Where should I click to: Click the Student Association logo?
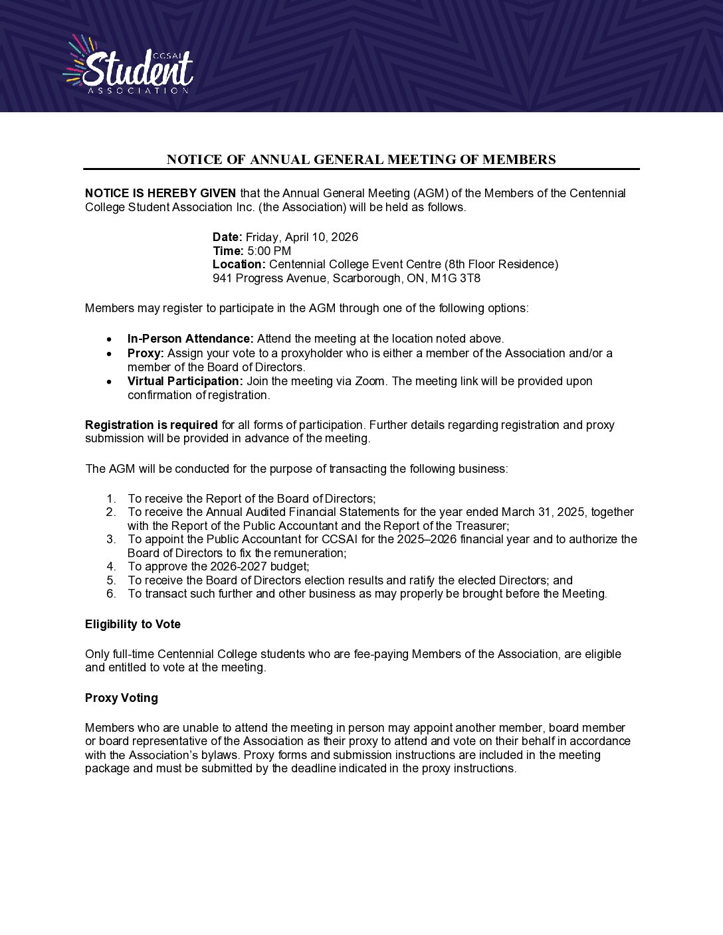tap(129, 65)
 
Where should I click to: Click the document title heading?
tap(361, 159)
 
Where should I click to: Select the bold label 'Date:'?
tap(227, 237)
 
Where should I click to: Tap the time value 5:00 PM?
tap(269, 251)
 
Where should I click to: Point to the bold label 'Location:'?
tap(239, 264)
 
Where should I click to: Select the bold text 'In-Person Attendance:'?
tap(191, 339)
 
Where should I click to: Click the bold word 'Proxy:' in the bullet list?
tap(146, 353)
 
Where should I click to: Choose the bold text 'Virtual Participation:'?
tap(185, 381)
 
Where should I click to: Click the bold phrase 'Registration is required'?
tap(152, 425)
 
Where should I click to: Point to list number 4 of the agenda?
tap(111, 566)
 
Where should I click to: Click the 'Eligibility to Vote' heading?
tap(133, 624)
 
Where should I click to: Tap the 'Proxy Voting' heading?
tap(122, 698)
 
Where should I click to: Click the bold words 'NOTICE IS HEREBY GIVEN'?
tap(161, 193)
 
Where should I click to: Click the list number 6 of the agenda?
tap(111, 594)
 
